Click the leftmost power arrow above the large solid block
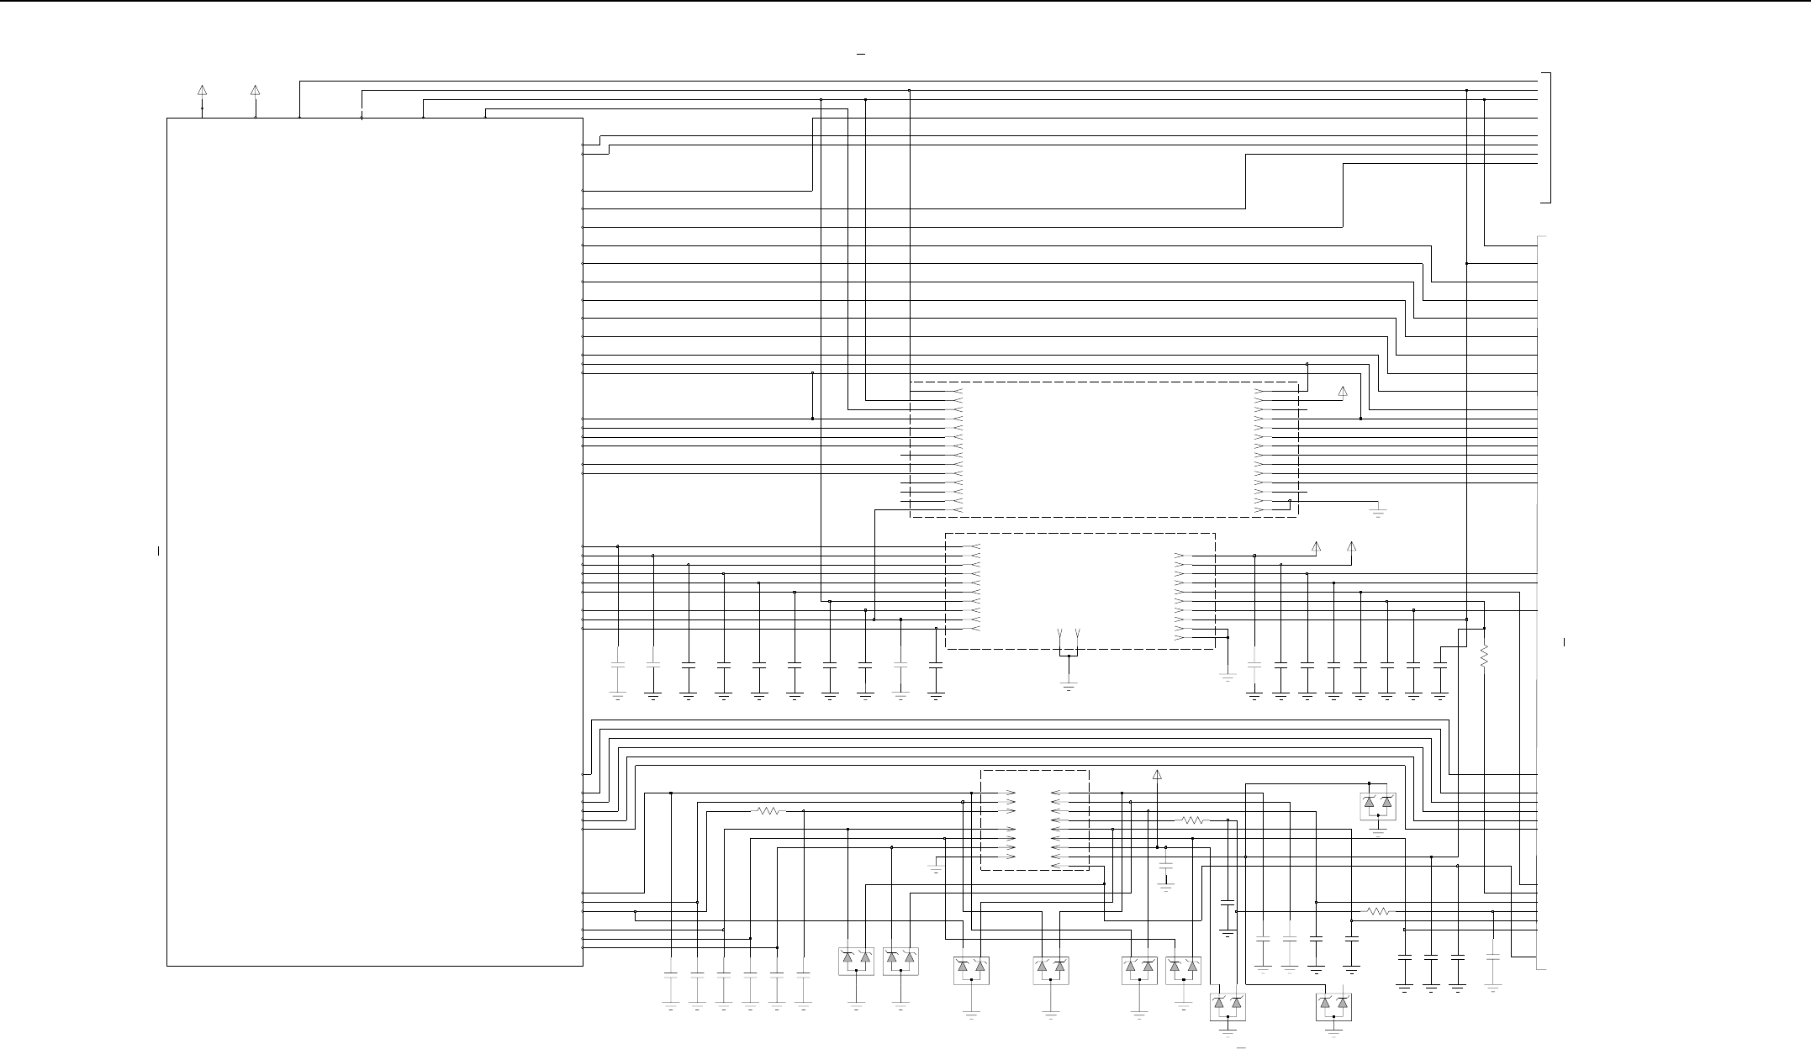pyautogui.click(x=202, y=90)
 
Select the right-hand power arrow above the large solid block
pyautogui.click(x=256, y=90)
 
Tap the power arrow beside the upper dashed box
pyautogui.click(x=1343, y=391)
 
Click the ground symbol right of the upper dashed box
pyautogui.click(x=1378, y=510)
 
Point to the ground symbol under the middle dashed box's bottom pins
pyautogui.click(x=1069, y=685)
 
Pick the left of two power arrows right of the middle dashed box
pyautogui.click(x=1317, y=546)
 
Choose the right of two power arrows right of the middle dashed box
pyautogui.click(x=1352, y=546)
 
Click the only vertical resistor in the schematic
pyautogui.click(x=1484, y=656)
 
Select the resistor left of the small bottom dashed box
pyautogui.click(x=769, y=811)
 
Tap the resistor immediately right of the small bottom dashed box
pyautogui.click(x=1194, y=820)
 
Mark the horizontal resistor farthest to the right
pyautogui.click(x=1378, y=911)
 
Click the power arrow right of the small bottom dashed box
pyautogui.click(x=1157, y=774)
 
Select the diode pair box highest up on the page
pyautogui.click(x=1377, y=804)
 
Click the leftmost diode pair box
pyautogui.click(x=856, y=961)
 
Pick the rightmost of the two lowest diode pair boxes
pyautogui.click(x=1333, y=1006)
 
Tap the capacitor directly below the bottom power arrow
pyautogui.click(x=1165, y=865)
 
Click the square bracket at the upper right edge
pyautogui.click(x=1545, y=138)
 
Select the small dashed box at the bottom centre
pyautogui.click(x=1035, y=820)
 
